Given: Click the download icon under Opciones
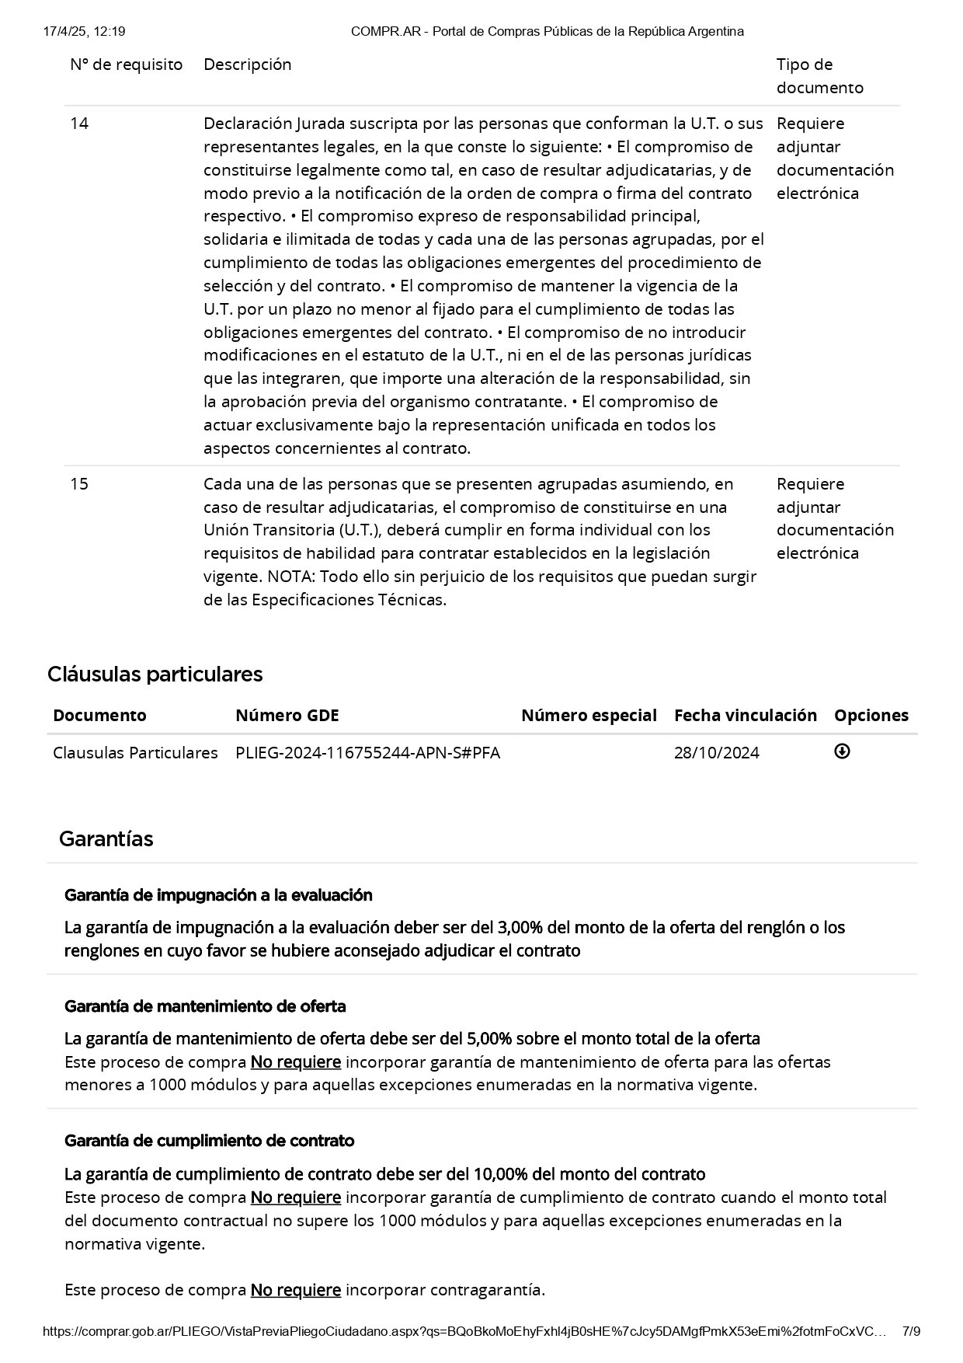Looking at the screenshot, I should (842, 751).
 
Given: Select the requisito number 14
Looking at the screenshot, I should (79, 124).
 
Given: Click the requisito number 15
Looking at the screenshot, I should (79, 484).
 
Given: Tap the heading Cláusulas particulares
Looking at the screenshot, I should (155, 674).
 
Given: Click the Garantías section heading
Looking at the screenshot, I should (106, 839).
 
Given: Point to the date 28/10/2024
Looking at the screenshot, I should (716, 753).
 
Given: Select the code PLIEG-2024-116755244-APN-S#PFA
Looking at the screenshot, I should (367, 753).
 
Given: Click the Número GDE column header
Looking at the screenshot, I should (287, 716).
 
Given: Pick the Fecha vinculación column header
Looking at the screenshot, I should (745, 716).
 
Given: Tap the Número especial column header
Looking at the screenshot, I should (589, 716).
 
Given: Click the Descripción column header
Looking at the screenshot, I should (247, 64).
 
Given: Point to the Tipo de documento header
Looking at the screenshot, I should (819, 76).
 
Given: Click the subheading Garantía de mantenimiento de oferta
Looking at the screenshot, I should (205, 1006).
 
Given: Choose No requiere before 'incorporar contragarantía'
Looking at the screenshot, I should (295, 1290).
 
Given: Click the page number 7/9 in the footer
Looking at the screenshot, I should (911, 1331).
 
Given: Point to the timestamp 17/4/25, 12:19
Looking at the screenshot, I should (85, 31).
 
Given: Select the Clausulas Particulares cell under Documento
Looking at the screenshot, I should (135, 753).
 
